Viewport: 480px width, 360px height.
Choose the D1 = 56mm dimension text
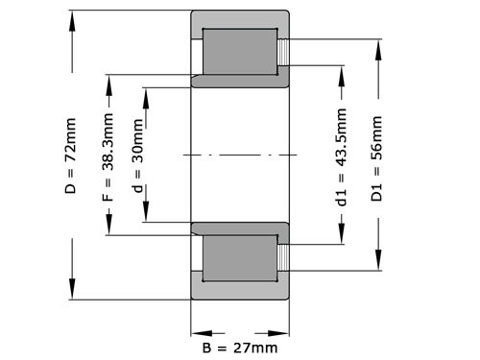click(378, 158)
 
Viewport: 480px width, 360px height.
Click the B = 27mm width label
click(240, 347)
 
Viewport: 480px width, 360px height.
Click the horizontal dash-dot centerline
click(240, 154)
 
